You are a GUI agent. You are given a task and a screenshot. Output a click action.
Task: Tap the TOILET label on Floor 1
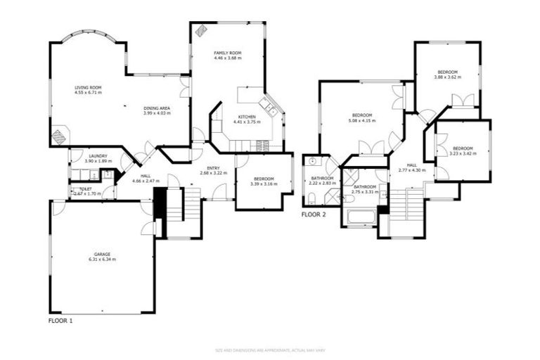point(86,190)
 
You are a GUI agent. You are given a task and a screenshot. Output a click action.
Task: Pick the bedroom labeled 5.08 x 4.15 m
point(361,117)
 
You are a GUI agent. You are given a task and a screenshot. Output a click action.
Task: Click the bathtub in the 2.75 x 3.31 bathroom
point(362,217)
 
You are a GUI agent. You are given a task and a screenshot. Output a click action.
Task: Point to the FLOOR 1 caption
point(60,320)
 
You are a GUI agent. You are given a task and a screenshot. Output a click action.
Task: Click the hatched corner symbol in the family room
point(201,30)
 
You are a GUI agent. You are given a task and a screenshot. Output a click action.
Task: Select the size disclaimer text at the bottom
point(269,349)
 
